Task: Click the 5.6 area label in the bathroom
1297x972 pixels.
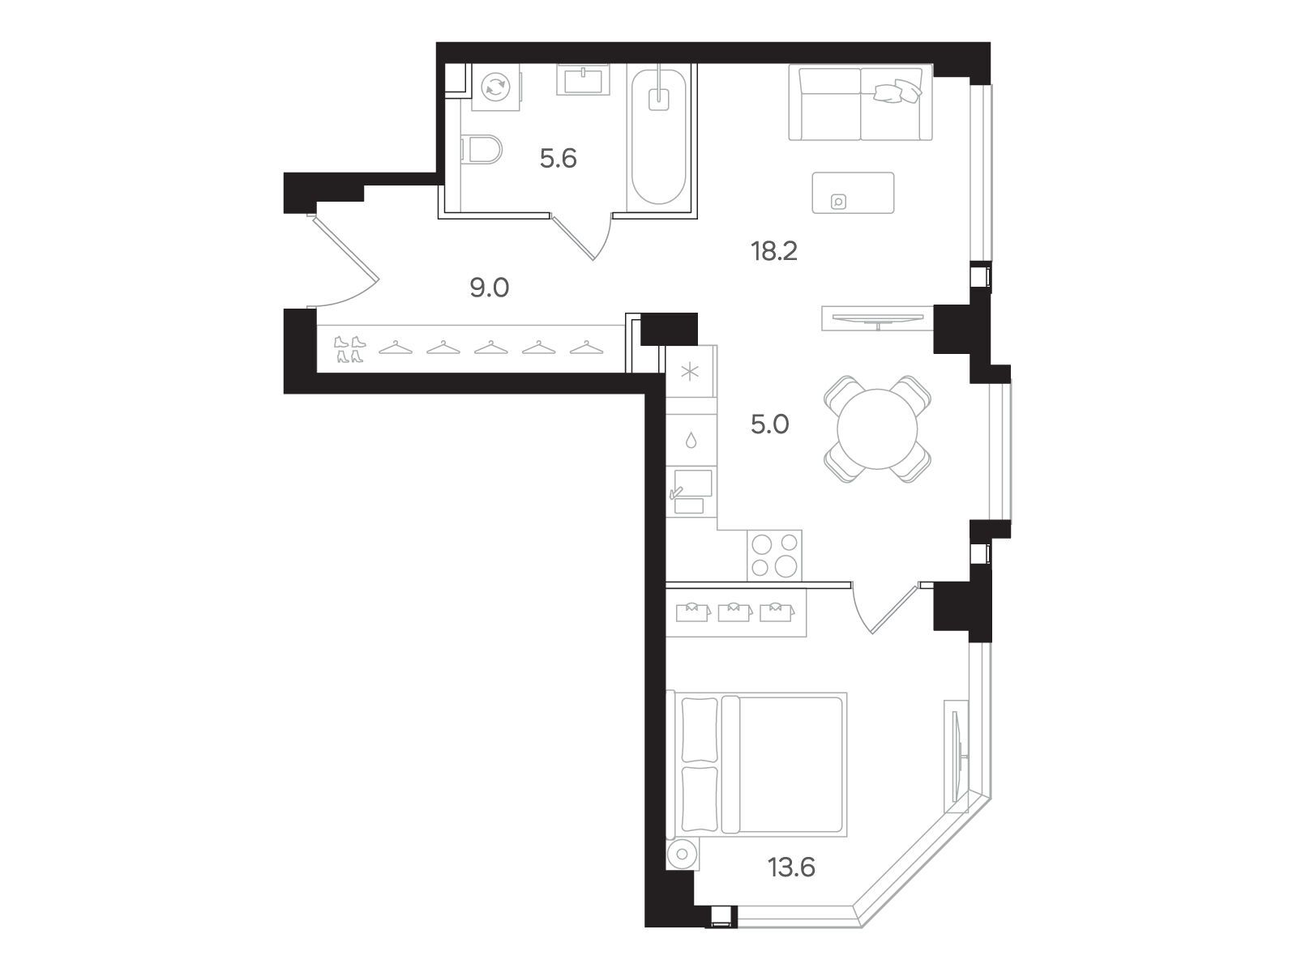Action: point(558,159)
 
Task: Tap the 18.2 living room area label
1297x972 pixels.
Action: point(774,251)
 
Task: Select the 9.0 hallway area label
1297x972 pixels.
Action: point(490,288)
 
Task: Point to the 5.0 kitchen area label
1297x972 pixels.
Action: point(770,424)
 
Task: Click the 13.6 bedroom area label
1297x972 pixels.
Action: point(791,868)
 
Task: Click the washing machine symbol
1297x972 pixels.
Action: point(495,87)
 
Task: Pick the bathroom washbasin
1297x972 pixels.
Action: point(583,79)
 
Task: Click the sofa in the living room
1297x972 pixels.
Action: point(860,104)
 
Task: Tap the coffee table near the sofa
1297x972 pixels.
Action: point(853,193)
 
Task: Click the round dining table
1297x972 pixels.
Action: point(877,429)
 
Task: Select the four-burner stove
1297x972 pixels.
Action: point(774,556)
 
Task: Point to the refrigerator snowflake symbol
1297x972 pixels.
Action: point(690,373)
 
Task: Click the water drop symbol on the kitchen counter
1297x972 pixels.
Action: point(690,441)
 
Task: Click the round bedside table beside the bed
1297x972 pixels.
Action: point(682,854)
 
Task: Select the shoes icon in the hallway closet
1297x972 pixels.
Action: point(349,349)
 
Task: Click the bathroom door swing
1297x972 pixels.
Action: point(582,238)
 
